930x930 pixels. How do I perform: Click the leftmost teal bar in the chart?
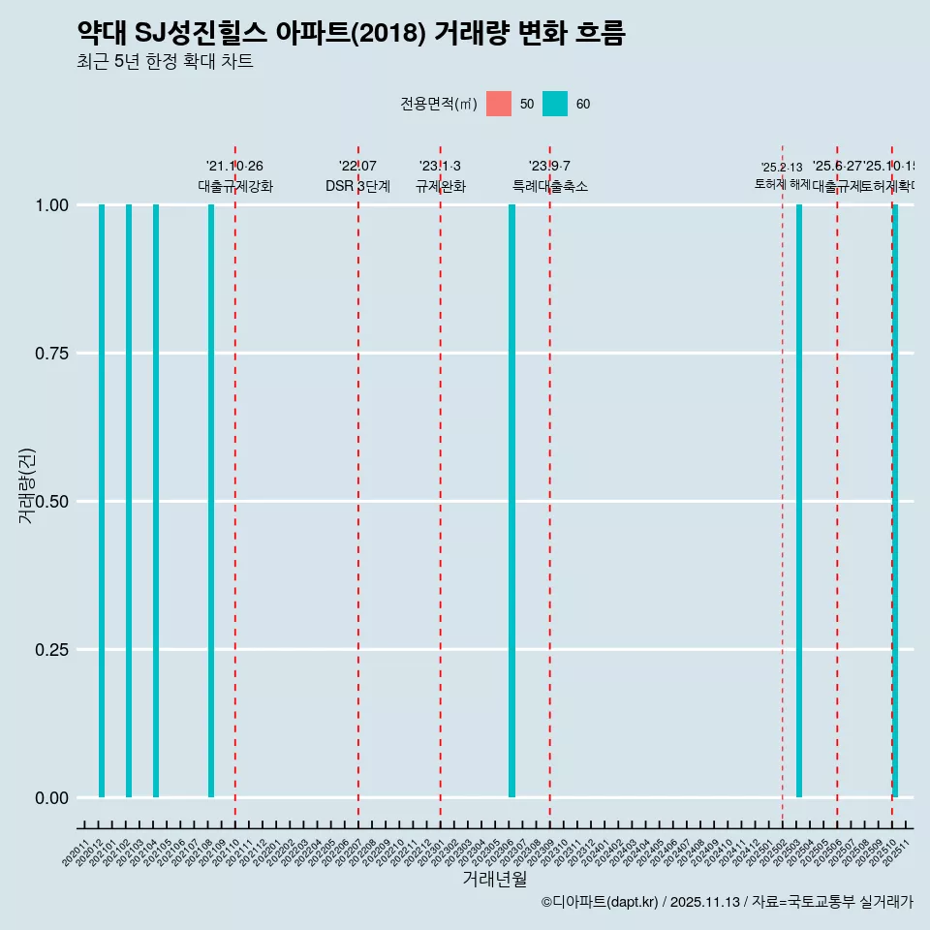(x=102, y=501)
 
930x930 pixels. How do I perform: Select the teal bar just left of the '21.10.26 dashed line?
(x=211, y=501)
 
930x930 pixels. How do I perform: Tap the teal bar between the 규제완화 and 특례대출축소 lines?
(x=511, y=501)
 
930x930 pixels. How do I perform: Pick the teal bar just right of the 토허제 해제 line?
(x=799, y=501)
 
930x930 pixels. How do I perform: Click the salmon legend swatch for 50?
(x=499, y=104)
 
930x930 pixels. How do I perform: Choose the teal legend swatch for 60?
(x=555, y=104)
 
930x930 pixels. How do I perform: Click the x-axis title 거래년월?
(x=495, y=880)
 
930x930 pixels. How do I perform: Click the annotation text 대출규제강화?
(x=235, y=187)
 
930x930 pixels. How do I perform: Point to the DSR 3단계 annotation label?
(x=357, y=187)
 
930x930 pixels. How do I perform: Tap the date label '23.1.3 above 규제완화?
(x=440, y=167)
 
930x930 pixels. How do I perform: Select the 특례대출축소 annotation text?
(x=550, y=187)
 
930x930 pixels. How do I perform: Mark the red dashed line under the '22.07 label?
(x=358, y=484)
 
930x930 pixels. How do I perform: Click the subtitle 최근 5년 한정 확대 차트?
(x=165, y=62)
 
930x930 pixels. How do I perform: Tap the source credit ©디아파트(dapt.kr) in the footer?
(x=600, y=902)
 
